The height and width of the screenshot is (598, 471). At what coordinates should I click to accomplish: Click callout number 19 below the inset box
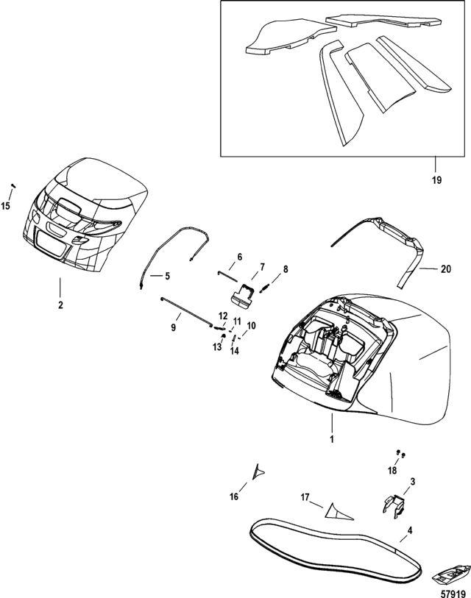coord(436,179)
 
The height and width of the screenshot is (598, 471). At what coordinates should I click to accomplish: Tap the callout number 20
coord(446,269)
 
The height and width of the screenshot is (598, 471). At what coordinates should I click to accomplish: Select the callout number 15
coord(6,207)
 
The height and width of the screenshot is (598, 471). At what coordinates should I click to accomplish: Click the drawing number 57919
coord(453,594)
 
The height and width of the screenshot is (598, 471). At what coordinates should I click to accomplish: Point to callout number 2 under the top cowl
coord(60,305)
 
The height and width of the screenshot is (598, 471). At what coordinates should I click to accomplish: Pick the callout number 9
coord(173,327)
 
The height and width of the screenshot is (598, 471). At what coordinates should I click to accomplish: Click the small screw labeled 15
coord(13,186)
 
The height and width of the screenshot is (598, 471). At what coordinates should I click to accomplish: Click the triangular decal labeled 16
coord(258,471)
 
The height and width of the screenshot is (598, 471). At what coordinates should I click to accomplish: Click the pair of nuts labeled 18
coord(401,453)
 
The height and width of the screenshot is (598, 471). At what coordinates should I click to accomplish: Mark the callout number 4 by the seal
coord(410,530)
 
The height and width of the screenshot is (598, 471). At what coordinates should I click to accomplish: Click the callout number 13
coord(217,347)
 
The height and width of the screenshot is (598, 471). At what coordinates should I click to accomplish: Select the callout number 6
coord(239,257)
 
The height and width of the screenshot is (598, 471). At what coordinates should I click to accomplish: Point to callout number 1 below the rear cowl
coord(332,439)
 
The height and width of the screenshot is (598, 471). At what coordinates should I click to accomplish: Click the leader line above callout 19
coord(436,164)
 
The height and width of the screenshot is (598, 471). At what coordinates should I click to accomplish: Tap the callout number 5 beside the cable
coord(168,276)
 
